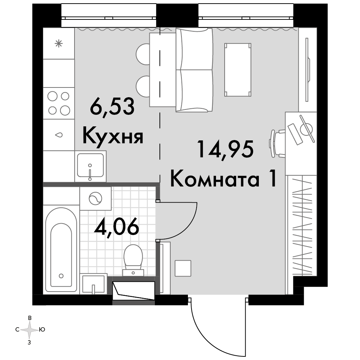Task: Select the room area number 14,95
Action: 226,149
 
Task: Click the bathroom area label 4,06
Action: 117,226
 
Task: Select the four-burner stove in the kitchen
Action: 59,103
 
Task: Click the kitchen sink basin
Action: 90,166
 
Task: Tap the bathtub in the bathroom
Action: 61,249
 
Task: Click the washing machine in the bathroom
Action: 95,198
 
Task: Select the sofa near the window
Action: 194,70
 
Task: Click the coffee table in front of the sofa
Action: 238,69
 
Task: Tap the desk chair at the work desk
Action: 277,143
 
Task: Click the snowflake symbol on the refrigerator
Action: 59,44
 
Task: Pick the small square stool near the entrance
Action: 183,268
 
